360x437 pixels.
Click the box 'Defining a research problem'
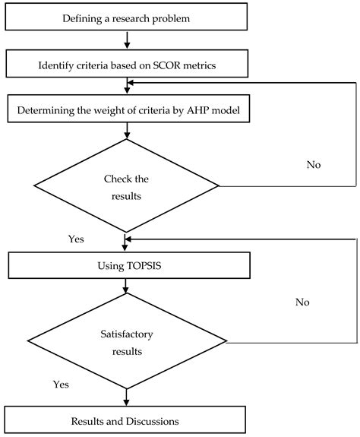click(125, 17)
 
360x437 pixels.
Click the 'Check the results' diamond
click(125, 185)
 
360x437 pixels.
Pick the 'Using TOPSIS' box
click(125, 265)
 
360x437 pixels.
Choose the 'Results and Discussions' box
click(125, 420)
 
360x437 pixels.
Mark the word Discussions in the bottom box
click(155, 420)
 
